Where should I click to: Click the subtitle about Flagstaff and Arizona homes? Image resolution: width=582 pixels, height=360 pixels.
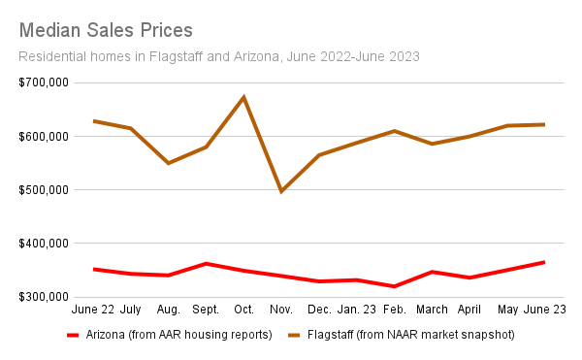click(219, 56)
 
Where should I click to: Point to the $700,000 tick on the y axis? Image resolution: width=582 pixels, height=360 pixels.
click(44, 82)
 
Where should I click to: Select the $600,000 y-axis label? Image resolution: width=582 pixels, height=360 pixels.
click(44, 137)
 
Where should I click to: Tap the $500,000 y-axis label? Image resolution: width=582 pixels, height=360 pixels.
click(44, 190)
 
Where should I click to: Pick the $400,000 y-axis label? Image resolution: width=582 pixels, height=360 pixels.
click(44, 244)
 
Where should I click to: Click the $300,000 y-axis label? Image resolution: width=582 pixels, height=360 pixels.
click(44, 297)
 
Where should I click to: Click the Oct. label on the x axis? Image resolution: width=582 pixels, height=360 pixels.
click(243, 310)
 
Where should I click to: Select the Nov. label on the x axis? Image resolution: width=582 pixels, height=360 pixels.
click(281, 310)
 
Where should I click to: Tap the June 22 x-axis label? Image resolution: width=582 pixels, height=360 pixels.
click(94, 310)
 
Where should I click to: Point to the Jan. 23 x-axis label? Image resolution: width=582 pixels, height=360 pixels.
click(356, 310)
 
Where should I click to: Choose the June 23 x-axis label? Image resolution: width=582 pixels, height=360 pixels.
click(545, 310)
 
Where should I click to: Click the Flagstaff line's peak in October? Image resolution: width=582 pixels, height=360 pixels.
click(243, 97)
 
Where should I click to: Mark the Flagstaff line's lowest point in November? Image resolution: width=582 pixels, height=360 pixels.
click(281, 191)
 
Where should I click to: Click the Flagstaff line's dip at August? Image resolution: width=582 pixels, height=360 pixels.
click(169, 163)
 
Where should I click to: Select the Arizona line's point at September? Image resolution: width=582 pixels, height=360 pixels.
click(206, 263)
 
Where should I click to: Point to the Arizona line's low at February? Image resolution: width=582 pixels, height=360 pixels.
click(394, 286)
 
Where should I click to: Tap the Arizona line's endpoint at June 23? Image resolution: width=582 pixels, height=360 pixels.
click(544, 262)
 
